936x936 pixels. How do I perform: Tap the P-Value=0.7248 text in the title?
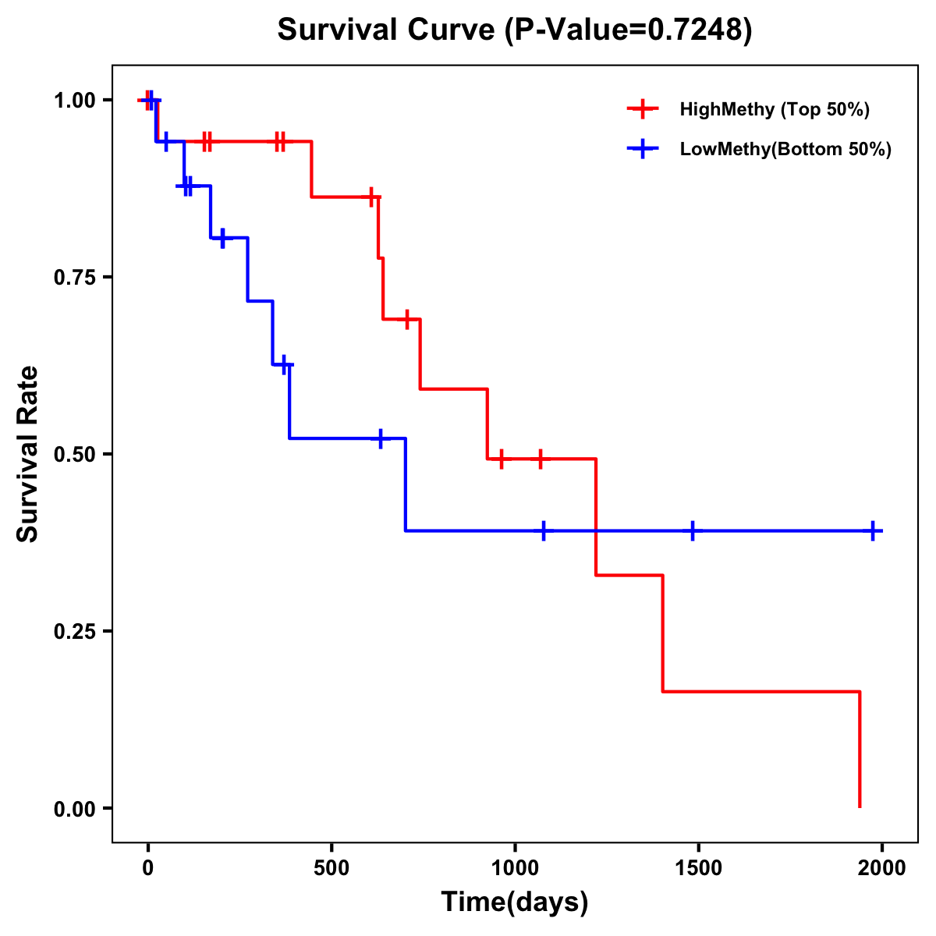(627, 30)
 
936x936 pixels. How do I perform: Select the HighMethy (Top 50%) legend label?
(774, 109)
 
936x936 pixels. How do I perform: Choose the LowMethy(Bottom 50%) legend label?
(785, 149)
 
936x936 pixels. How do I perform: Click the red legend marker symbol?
(643, 109)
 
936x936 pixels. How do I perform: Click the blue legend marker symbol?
(643, 149)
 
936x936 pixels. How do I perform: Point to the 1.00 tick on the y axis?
(74, 100)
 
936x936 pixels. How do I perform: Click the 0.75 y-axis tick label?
(74, 277)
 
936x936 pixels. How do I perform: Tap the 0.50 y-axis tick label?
(74, 454)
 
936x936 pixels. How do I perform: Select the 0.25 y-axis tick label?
(74, 631)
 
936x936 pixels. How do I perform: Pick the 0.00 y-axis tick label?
(74, 808)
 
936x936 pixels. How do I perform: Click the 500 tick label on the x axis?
(331, 868)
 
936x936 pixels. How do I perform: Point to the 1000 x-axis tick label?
(515, 868)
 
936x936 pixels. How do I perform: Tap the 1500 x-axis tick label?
(698, 868)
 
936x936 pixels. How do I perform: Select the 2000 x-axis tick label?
(882, 868)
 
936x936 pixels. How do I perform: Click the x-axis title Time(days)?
(515, 902)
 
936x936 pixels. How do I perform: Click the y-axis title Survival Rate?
(29, 454)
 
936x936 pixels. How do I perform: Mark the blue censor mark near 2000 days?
(874, 530)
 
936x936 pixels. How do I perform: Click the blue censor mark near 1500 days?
(692, 530)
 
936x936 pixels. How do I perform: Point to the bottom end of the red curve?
(860, 807)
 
